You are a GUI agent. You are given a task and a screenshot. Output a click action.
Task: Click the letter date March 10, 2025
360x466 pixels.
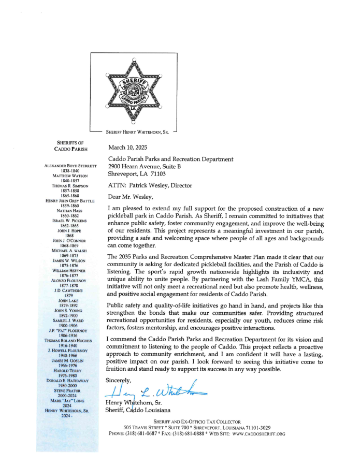(128, 148)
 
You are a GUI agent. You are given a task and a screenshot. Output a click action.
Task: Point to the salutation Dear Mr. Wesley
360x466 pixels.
(131, 197)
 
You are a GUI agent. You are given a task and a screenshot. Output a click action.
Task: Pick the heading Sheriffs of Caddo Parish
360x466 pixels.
(71, 146)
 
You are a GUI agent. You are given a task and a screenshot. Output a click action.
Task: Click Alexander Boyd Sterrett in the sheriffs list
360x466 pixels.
(71, 166)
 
